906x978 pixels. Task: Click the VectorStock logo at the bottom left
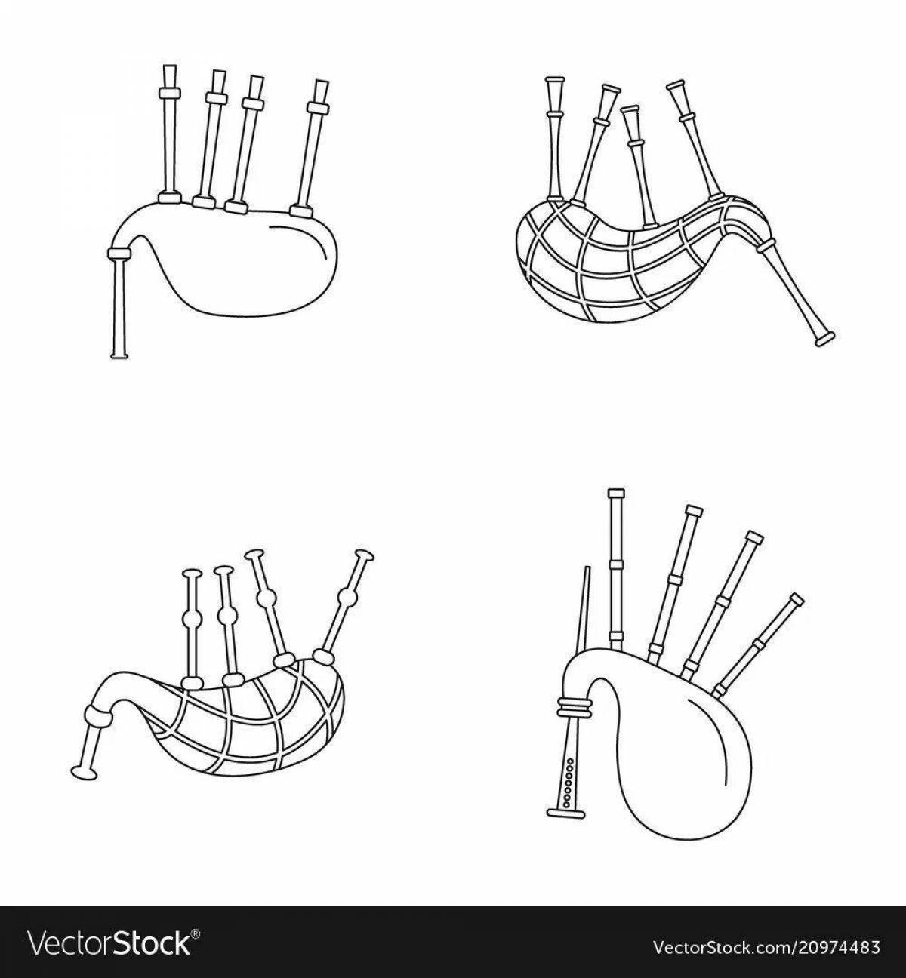tap(113, 944)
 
